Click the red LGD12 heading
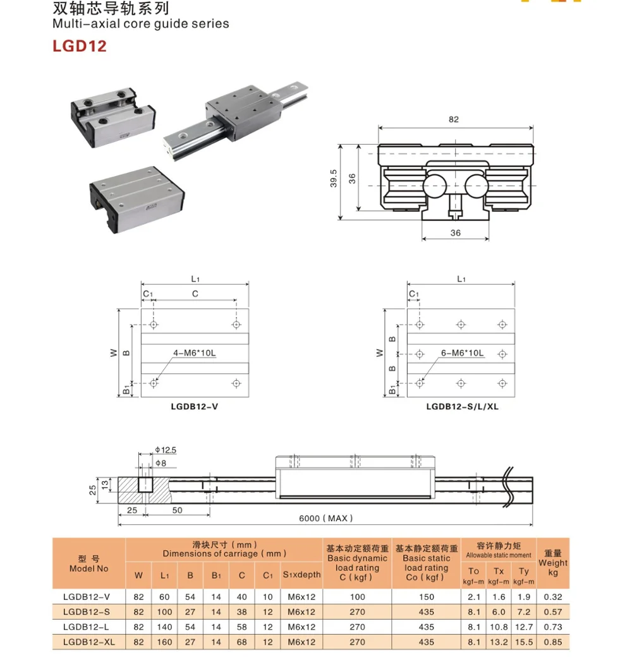click(x=79, y=46)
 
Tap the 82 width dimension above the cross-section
click(x=454, y=119)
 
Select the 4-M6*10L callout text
click(x=195, y=353)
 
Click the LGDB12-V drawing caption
click(x=194, y=407)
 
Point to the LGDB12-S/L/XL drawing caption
click(x=462, y=407)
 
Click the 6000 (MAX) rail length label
click(x=325, y=519)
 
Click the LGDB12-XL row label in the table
click(x=88, y=642)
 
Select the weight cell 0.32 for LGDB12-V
click(x=553, y=597)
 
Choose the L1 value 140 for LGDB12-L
click(x=165, y=627)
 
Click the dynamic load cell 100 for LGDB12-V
click(x=357, y=597)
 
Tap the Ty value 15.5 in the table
click(x=524, y=642)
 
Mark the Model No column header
click(x=88, y=563)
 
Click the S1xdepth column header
click(x=301, y=574)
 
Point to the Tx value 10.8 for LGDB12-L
click(x=499, y=627)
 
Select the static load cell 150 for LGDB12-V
click(x=426, y=597)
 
